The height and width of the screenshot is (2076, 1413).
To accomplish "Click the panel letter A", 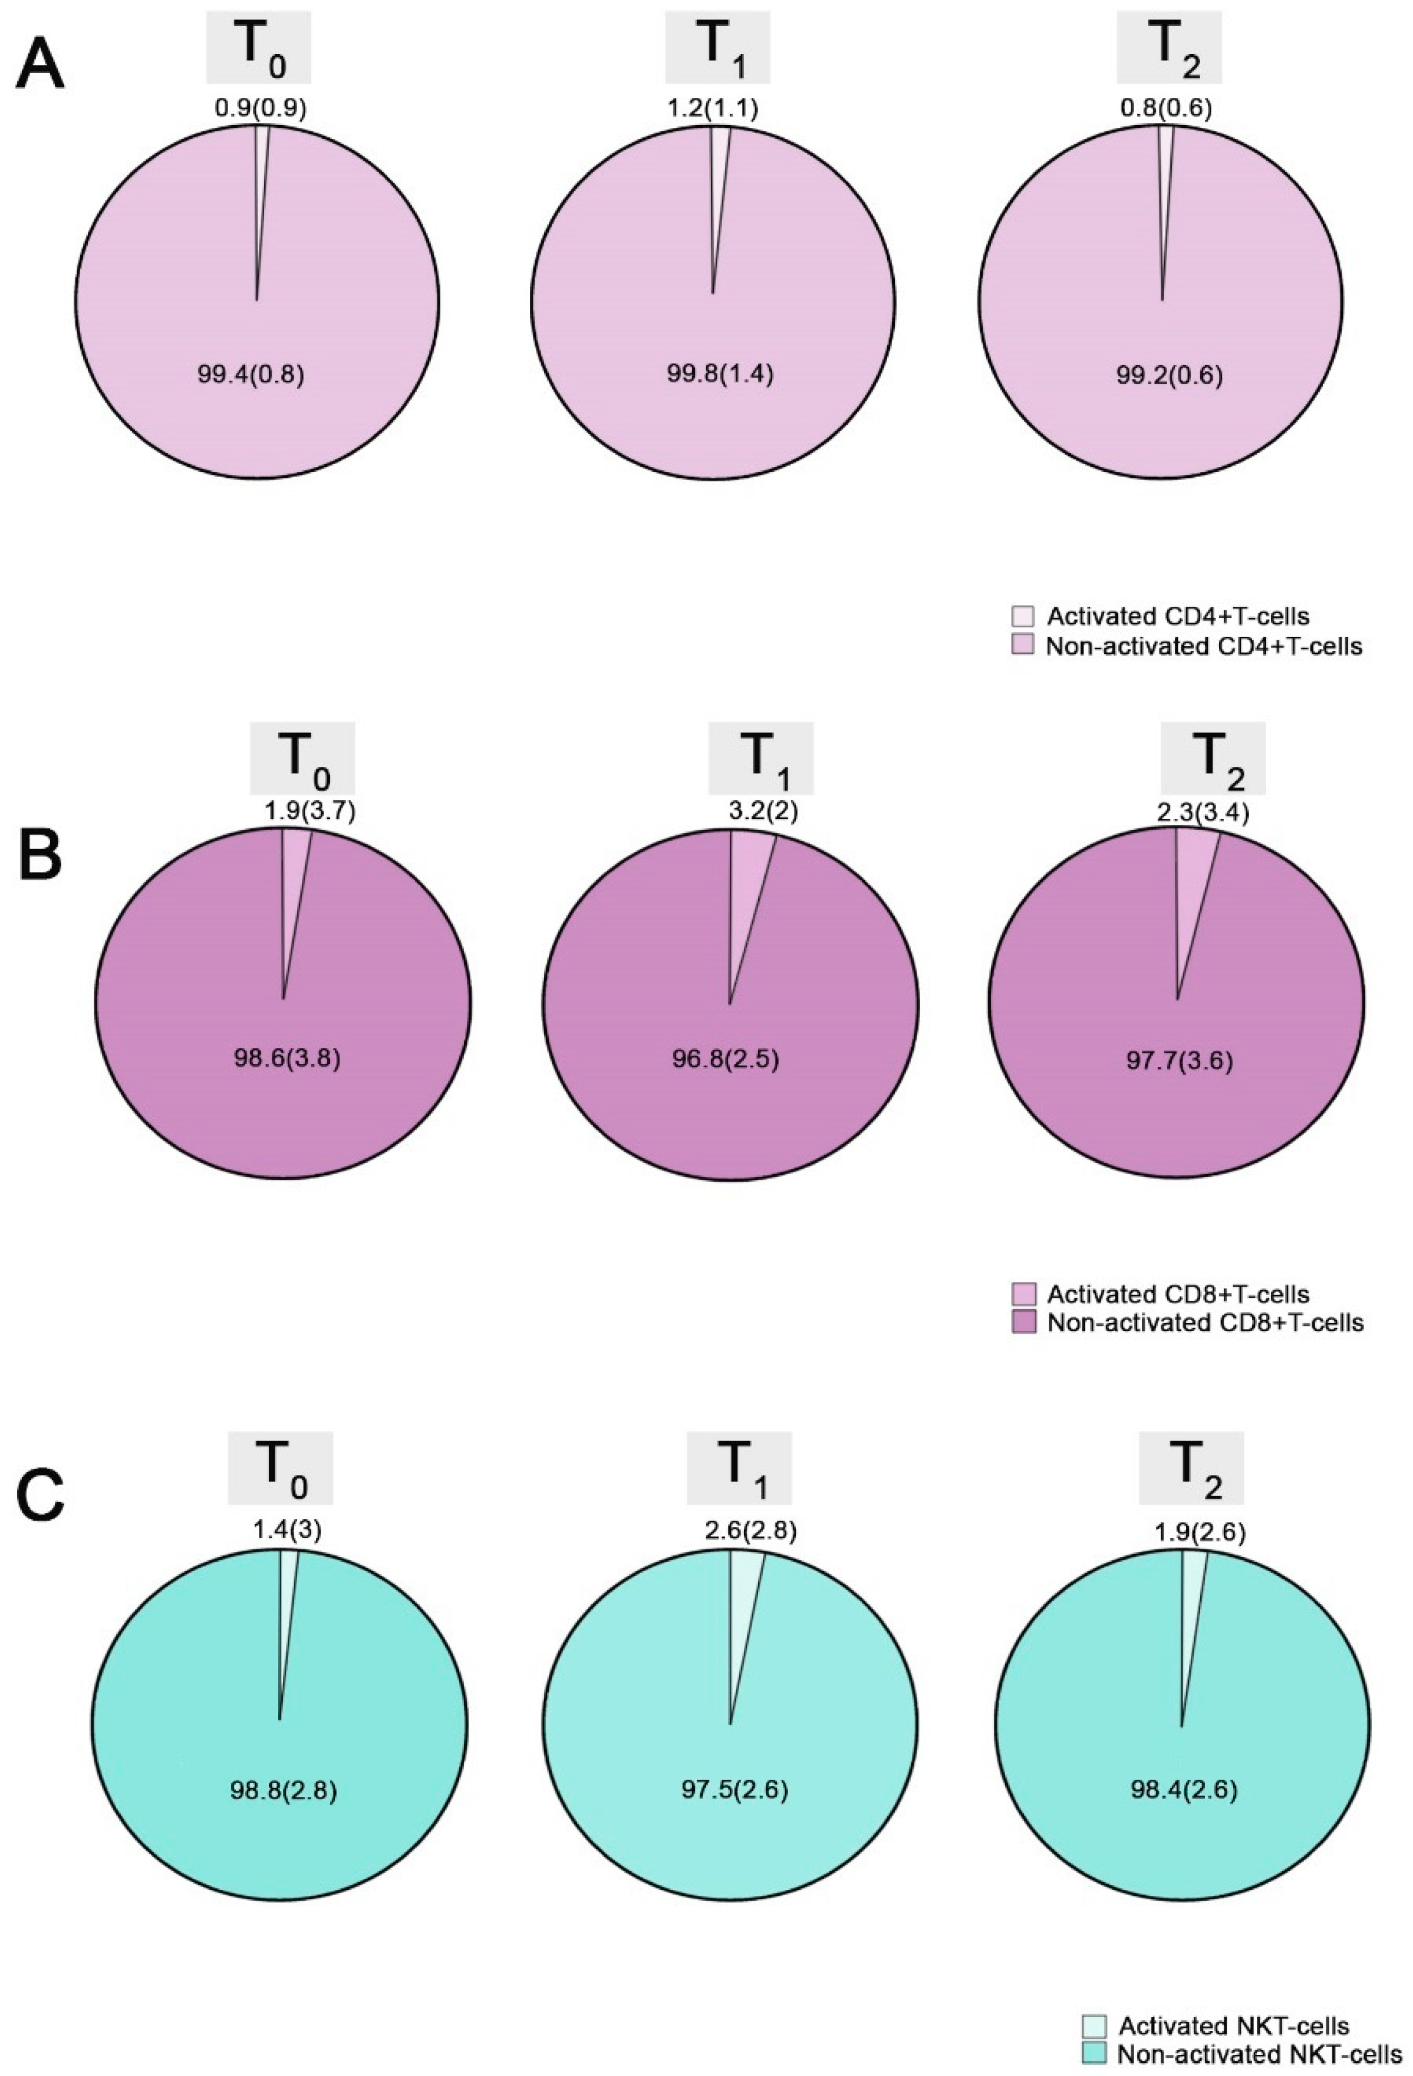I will click(x=40, y=66).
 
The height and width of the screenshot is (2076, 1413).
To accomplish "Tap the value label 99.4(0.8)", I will click(x=251, y=373).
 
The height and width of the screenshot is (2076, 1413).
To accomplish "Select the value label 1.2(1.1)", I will click(x=712, y=109).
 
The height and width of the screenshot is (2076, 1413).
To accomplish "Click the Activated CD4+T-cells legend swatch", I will click(x=1022, y=616).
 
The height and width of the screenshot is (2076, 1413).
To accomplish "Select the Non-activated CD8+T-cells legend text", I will click(x=1205, y=1322).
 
